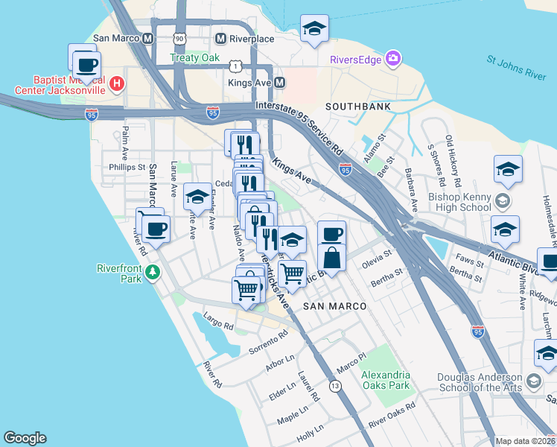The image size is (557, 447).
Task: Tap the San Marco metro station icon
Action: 147,38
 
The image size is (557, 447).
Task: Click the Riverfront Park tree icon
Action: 153,273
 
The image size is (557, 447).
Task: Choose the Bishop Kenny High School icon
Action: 503,200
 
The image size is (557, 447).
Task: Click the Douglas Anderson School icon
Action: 533,382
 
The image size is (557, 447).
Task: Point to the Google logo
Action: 25,438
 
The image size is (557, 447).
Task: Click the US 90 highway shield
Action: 178,37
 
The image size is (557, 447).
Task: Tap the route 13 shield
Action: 335,385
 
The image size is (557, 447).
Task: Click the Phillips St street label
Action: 126,168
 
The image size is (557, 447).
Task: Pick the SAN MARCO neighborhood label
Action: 335,306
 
